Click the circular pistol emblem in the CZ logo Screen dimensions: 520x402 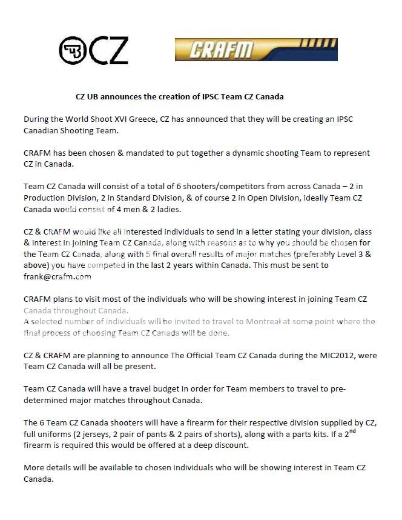tap(73, 50)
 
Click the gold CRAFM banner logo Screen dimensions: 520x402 tap(256, 50)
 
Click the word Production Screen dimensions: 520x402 tap(47, 198)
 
